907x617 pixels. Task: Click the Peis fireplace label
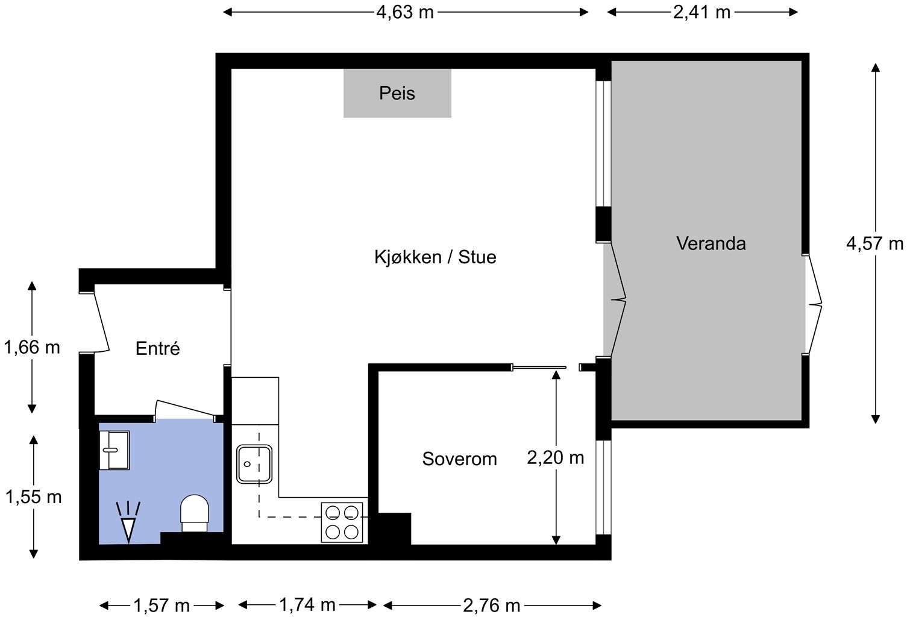click(x=397, y=93)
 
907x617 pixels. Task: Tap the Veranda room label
click(x=711, y=243)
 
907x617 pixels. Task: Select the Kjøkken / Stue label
click(x=435, y=257)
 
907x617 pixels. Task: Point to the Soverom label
click(x=460, y=459)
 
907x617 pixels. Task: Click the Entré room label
click(x=157, y=348)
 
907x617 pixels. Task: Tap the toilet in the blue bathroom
click(x=194, y=513)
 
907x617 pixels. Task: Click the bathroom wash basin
click(x=115, y=450)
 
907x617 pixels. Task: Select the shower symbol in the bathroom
click(x=128, y=522)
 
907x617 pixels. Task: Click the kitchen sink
click(x=254, y=464)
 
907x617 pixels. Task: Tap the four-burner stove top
click(x=342, y=522)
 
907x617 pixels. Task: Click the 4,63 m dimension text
click(x=405, y=13)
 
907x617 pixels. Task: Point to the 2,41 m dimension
click(x=702, y=13)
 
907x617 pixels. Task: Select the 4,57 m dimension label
click(x=874, y=243)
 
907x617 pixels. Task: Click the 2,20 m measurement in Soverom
click(x=556, y=458)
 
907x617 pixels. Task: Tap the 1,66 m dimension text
click(x=32, y=348)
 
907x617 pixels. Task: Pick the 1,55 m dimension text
click(x=34, y=497)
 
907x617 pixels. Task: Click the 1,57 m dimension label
click(x=162, y=606)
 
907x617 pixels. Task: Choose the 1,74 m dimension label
click(x=308, y=605)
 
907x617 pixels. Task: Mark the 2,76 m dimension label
click(x=492, y=606)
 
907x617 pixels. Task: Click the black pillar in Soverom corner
click(x=395, y=529)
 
